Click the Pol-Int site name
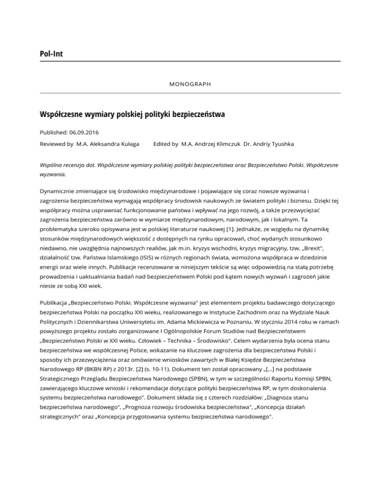point(53,52)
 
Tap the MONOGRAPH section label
point(190,84)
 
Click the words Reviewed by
point(57,144)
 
